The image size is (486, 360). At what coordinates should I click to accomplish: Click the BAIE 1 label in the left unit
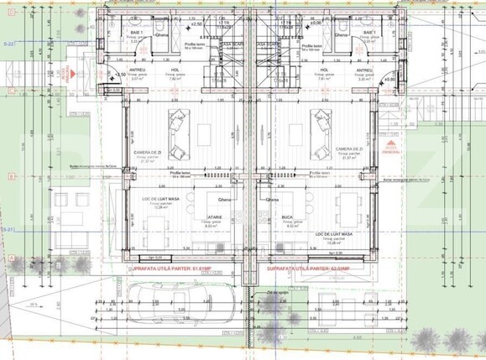(138, 32)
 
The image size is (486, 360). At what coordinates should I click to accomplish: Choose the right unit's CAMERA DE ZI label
(350, 148)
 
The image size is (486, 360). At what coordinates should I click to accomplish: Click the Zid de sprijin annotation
(270, 291)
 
